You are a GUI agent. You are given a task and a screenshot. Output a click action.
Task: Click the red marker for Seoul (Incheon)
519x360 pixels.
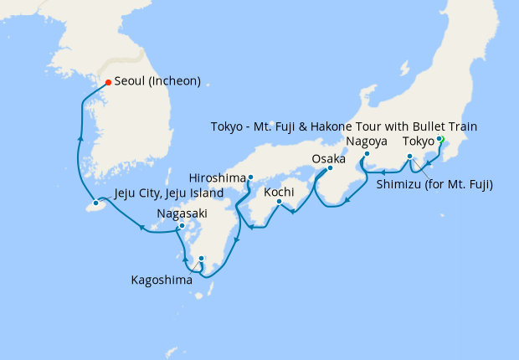click(108, 82)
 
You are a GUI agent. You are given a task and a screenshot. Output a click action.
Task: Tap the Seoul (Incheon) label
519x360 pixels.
click(157, 82)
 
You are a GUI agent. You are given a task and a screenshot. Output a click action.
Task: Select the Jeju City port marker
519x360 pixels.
click(96, 203)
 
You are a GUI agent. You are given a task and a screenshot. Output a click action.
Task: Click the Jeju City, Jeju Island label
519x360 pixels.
click(167, 193)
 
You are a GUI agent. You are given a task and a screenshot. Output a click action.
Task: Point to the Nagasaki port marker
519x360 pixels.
click(182, 226)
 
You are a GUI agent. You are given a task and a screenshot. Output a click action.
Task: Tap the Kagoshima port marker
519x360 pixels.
click(202, 259)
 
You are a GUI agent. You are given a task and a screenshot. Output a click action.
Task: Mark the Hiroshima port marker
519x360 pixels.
click(250, 177)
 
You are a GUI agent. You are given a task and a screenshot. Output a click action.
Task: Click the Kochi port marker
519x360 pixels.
click(280, 201)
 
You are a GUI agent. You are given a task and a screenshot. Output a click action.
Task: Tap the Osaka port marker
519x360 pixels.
click(329, 168)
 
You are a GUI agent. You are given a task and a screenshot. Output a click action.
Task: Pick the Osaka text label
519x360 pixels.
click(328, 158)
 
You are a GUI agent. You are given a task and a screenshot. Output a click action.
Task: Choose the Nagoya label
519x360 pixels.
click(366, 141)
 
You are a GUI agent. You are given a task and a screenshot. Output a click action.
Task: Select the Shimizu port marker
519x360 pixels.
click(409, 157)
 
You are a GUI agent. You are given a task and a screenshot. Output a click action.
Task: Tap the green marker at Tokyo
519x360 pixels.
click(440, 140)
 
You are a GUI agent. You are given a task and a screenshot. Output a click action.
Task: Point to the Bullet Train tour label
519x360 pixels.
click(344, 126)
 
